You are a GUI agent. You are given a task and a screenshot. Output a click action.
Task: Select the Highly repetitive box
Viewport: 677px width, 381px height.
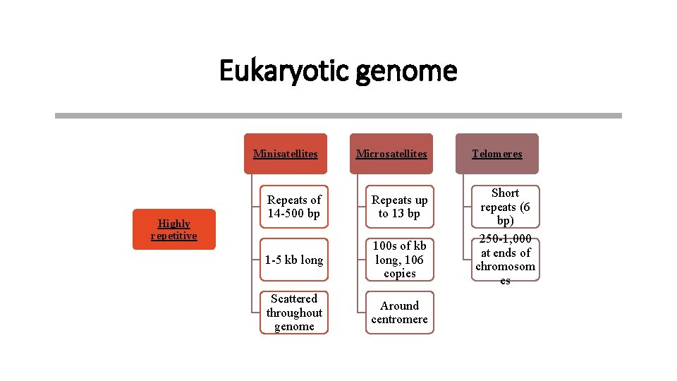point(173,229)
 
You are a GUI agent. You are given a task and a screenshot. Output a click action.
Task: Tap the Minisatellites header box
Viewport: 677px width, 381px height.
point(286,154)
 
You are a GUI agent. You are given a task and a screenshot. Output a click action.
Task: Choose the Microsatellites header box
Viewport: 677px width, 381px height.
point(391,154)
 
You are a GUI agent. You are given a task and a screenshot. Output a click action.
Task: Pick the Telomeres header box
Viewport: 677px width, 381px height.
point(497,154)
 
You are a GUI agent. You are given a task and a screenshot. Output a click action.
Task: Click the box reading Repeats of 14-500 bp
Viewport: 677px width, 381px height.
point(294,207)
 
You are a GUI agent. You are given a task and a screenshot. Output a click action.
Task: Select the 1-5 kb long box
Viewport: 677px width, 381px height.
point(294,260)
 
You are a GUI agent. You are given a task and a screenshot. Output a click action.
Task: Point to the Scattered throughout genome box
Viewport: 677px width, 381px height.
point(294,313)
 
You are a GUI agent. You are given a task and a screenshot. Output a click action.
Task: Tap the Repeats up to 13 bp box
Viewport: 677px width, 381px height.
point(399,207)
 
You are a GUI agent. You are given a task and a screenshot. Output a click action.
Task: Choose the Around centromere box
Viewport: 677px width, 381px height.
point(399,313)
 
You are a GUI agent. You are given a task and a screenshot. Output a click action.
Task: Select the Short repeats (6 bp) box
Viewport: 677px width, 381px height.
point(505,207)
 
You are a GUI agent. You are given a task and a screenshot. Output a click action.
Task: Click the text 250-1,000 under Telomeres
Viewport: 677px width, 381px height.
point(505,239)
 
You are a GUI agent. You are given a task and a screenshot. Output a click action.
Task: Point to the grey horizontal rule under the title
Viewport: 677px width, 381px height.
point(338,116)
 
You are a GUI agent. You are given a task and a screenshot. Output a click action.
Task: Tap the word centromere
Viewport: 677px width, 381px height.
point(399,320)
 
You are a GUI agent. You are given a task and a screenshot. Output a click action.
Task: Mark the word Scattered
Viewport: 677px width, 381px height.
point(294,298)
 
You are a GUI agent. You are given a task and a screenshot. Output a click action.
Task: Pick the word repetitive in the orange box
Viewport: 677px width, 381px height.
point(173,236)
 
